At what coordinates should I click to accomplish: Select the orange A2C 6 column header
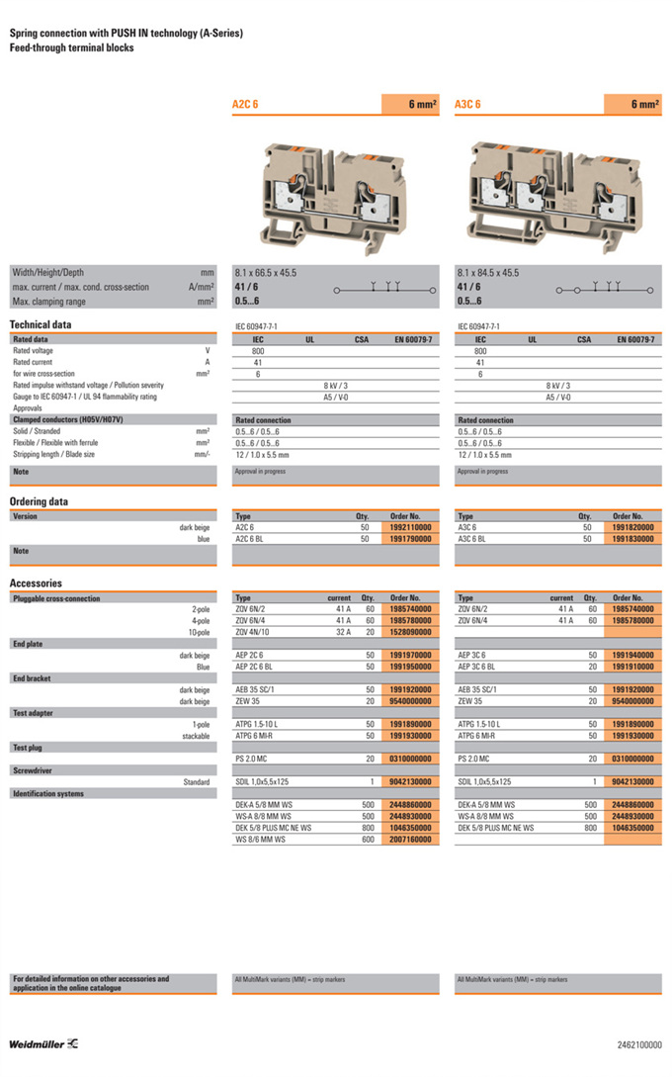click(x=306, y=104)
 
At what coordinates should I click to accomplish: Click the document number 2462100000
click(x=639, y=1044)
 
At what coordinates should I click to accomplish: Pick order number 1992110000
click(x=411, y=528)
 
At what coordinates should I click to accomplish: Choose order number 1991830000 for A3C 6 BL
click(x=633, y=539)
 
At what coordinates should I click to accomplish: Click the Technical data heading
click(x=41, y=324)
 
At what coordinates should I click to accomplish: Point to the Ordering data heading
click(x=39, y=501)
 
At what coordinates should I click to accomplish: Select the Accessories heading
click(x=36, y=583)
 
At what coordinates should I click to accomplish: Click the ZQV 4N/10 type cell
click(x=254, y=631)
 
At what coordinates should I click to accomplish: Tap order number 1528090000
click(x=411, y=631)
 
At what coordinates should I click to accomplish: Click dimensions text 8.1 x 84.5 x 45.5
click(x=487, y=272)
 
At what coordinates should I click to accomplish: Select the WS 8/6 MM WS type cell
click(x=262, y=839)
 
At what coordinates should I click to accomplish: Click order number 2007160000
click(x=411, y=839)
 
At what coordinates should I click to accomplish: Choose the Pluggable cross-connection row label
click(x=56, y=598)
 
